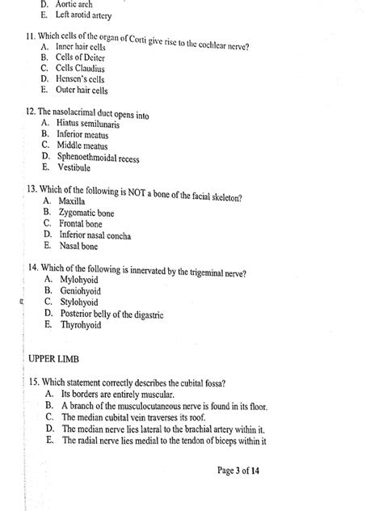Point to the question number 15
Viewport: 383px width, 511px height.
[32, 382]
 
